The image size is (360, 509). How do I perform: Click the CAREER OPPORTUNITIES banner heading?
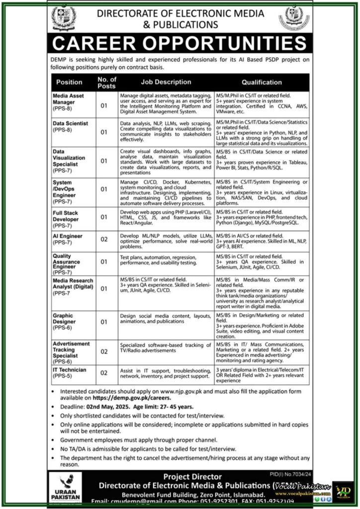point(180,44)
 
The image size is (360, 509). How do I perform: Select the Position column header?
point(69,83)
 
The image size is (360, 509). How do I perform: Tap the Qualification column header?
point(262,83)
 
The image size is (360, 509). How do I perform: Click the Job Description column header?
point(166,83)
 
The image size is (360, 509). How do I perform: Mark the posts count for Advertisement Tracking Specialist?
point(104,351)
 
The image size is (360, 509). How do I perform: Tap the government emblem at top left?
point(64,17)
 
